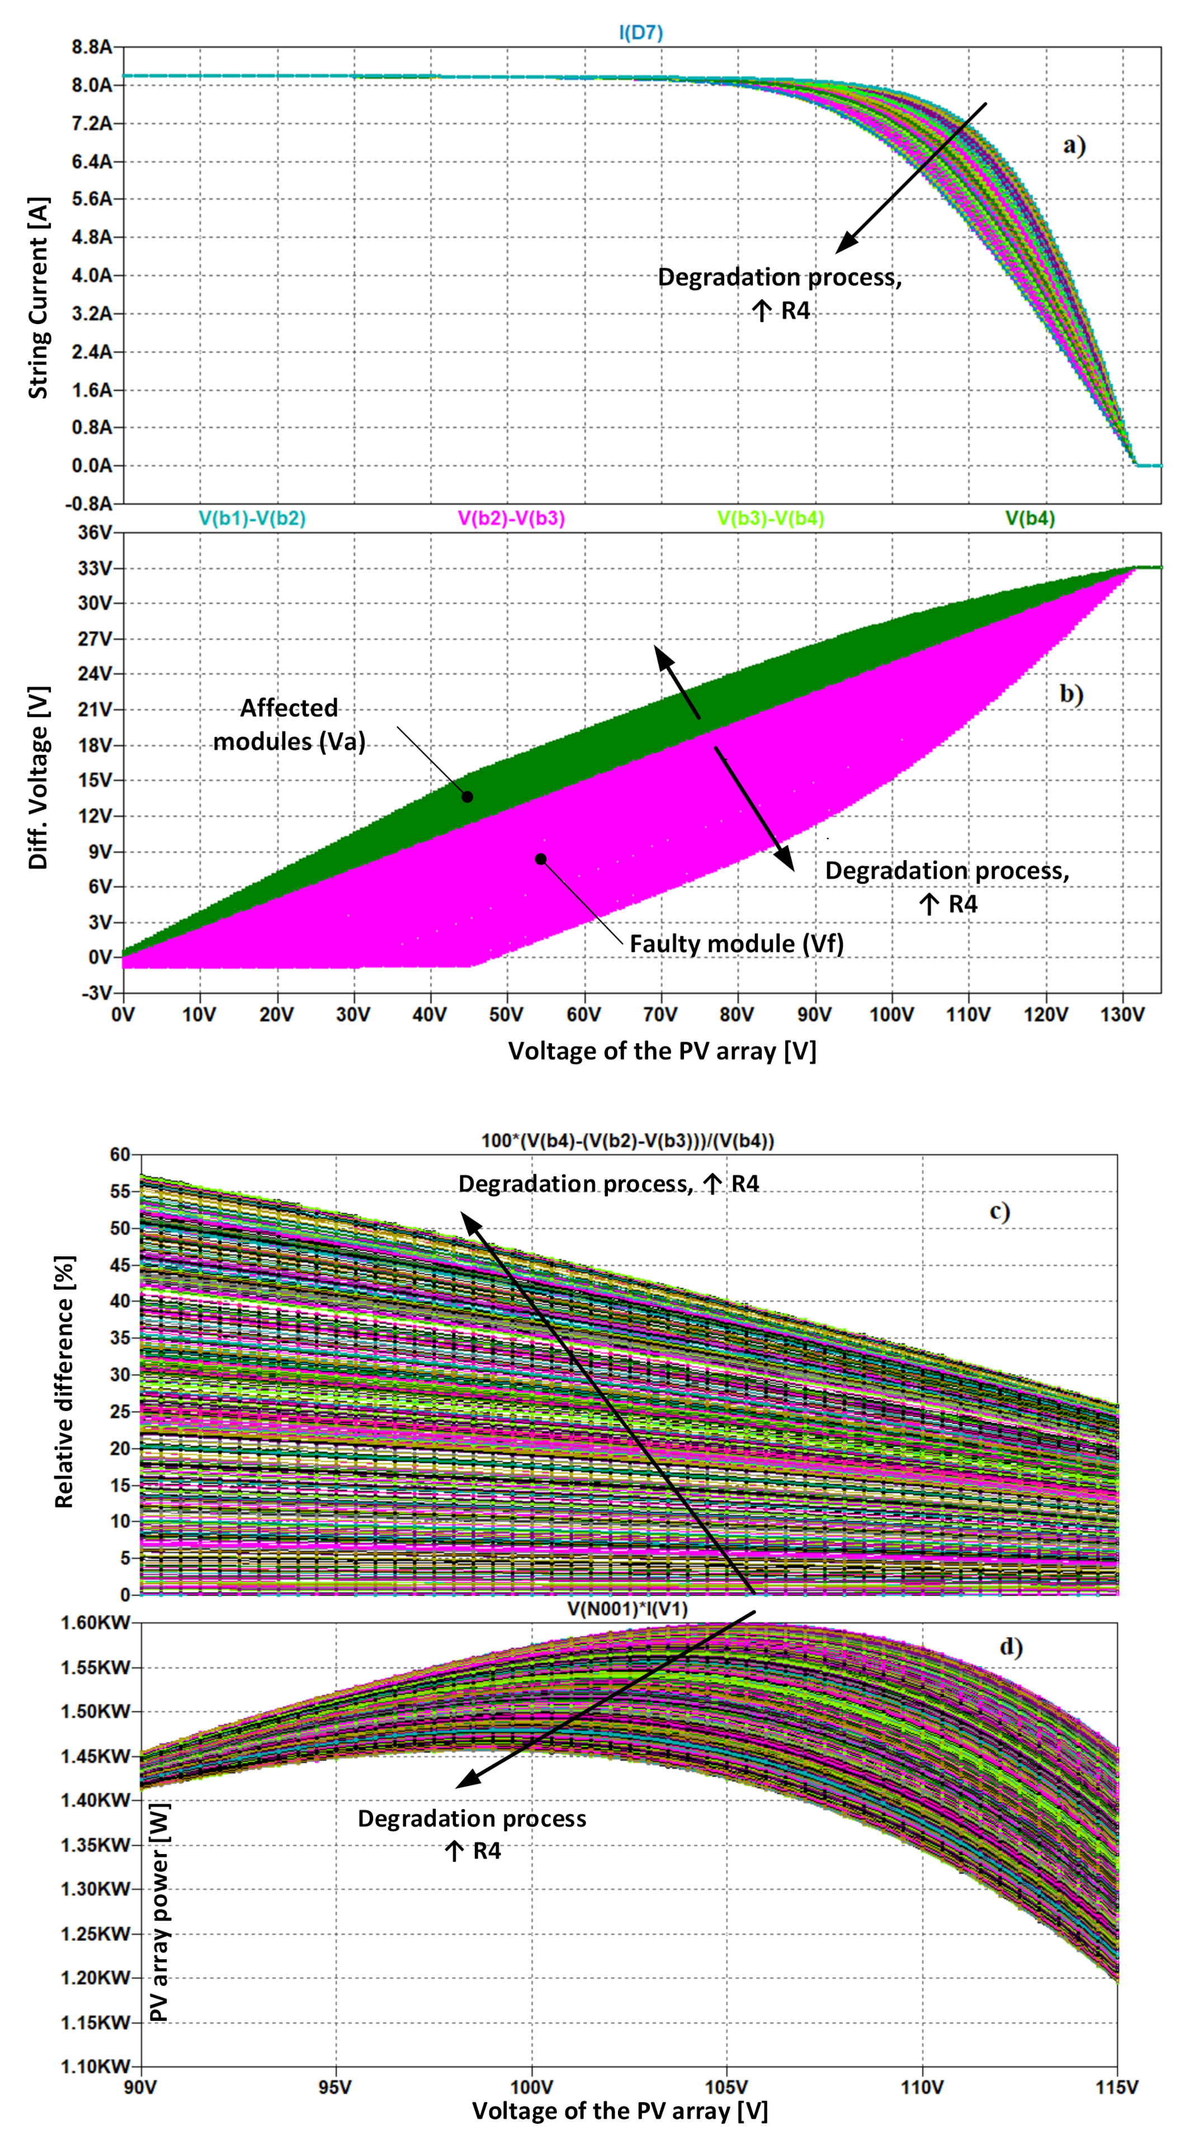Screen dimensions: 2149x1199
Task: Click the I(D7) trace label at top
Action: [x=640, y=32]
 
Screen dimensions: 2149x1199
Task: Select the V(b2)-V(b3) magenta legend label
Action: [x=511, y=518]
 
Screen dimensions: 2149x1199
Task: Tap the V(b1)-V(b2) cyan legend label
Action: [x=252, y=518]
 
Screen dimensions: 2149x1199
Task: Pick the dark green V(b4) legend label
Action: [x=1030, y=518]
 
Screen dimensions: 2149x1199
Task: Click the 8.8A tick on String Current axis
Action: [x=91, y=48]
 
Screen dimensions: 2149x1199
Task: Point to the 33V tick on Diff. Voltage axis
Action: [x=93, y=568]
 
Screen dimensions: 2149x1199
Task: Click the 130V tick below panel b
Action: [x=1122, y=1015]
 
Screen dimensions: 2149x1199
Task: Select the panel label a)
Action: [x=1074, y=146]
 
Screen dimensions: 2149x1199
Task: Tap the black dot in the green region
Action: [x=468, y=797]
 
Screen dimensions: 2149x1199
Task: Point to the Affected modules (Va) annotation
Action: [x=289, y=724]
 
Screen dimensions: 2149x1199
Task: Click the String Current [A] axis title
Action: [x=39, y=298]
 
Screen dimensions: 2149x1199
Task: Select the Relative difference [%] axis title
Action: [x=64, y=1381]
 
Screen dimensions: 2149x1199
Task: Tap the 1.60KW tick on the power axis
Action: [x=95, y=1622]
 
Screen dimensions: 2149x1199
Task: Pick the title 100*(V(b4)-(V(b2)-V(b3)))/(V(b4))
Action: [x=627, y=1141]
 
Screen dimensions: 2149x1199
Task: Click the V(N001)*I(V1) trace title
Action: [x=627, y=1608]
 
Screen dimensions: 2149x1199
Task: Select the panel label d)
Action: [x=1011, y=1647]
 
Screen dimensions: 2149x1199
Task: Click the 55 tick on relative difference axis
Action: [x=120, y=1191]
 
